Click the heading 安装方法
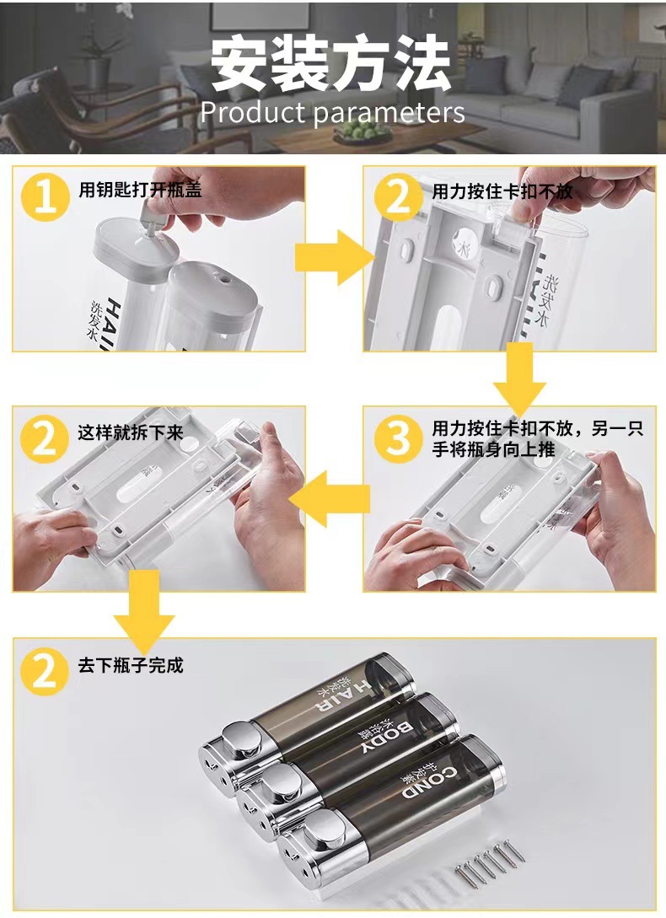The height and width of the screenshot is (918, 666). point(331,62)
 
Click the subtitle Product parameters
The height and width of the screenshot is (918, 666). point(333,112)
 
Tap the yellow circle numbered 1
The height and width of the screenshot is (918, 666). point(46,197)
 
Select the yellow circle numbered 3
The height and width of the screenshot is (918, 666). point(399,438)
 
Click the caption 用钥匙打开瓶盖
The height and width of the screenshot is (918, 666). point(140,190)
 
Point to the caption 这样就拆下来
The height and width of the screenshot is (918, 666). point(131,432)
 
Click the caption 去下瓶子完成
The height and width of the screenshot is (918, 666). point(131,665)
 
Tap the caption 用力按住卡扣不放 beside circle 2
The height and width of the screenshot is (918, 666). point(502,191)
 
